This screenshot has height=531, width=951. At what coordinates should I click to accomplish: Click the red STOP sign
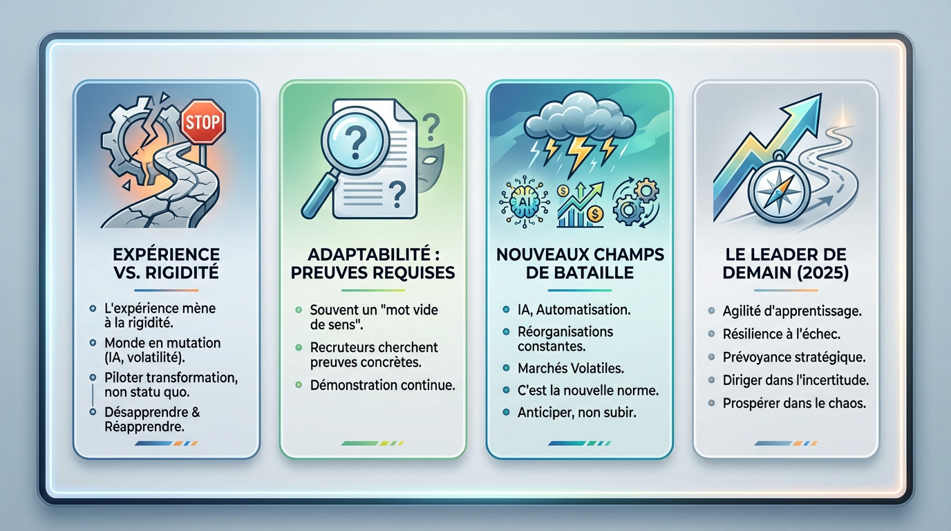tap(203, 122)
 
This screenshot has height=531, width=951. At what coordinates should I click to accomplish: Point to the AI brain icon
tap(523, 201)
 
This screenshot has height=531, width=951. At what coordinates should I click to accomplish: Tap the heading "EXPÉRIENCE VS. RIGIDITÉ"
tap(166, 263)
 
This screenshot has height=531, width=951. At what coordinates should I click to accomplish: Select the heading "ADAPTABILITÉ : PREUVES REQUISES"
tap(373, 263)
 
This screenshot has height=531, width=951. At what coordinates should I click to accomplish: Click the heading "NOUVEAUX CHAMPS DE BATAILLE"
tap(580, 263)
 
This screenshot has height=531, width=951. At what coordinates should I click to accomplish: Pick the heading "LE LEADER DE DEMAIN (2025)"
tap(786, 263)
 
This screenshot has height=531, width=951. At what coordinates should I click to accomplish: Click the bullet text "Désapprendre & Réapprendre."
tap(152, 419)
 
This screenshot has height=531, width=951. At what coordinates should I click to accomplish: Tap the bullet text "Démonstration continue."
tap(382, 385)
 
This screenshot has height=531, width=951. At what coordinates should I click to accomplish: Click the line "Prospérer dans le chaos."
tap(794, 402)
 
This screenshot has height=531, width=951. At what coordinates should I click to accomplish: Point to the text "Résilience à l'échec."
tap(782, 334)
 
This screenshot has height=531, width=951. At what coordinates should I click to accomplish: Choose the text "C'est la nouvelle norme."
tap(588, 390)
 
